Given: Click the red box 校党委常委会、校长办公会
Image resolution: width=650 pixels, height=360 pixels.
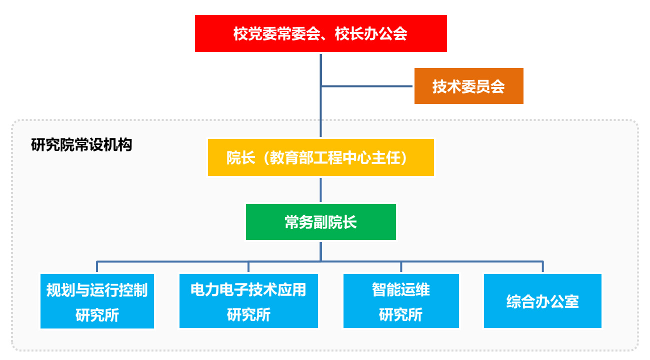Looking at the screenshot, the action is click(x=320, y=33).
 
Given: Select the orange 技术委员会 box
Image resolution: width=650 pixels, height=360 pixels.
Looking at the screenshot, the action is click(x=468, y=86).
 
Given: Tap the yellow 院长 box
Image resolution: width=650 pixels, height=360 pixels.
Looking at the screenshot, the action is click(x=320, y=157).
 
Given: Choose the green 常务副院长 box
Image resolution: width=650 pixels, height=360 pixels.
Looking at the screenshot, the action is click(x=320, y=222).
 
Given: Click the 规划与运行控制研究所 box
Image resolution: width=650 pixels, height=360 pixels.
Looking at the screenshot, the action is click(x=97, y=301).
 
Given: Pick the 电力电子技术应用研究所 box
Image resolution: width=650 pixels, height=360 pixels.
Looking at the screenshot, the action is click(x=248, y=301).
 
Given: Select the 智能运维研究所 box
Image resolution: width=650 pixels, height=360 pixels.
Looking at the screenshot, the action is click(x=401, y=301).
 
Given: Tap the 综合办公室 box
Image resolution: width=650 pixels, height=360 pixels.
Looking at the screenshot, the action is click(x=542, y=301).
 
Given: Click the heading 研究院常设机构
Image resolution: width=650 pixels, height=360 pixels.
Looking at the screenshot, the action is click(x=81, y=145).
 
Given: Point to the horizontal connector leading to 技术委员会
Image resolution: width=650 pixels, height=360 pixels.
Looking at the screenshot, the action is click(x=366, y=86).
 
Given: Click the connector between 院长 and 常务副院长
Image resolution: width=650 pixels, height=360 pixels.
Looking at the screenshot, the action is click(x=320, y=190).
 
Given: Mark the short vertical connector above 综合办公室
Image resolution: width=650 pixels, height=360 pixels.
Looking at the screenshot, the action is click(x=542, y=266).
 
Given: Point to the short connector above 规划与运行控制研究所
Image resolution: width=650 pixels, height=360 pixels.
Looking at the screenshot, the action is click(x=97, y=266).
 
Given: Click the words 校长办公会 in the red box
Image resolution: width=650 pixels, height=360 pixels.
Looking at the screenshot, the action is click(x=371, y=33).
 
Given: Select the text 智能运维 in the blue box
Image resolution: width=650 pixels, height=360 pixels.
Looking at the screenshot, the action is click(x=401, y=289).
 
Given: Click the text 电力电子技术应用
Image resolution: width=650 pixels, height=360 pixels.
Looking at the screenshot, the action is click(x=248, y=289).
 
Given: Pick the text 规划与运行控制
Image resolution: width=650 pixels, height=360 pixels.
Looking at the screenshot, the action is click(x=97, y=290).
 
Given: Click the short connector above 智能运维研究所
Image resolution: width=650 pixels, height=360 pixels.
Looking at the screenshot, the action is click(x=401, y=266).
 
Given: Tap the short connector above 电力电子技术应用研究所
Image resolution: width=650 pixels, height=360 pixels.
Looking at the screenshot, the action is click(x=248, y=266).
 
